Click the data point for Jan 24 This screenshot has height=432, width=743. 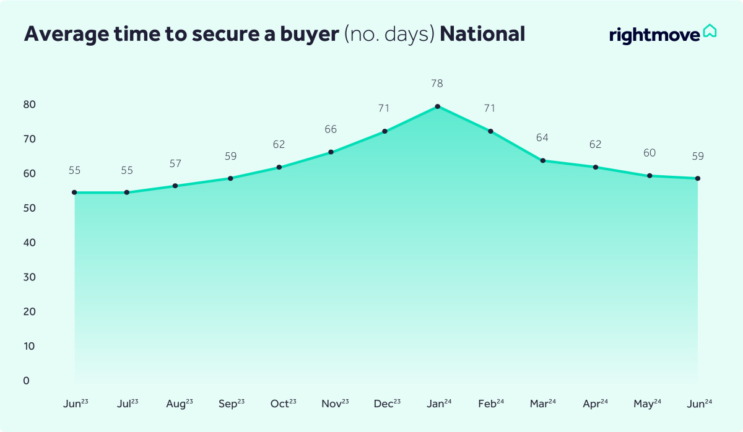click(438, 106)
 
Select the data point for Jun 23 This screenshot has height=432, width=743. click(74, 192)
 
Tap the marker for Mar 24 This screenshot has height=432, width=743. click(543, 161)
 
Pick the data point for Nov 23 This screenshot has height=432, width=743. click(331, 152)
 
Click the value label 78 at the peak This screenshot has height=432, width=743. click(438, 84)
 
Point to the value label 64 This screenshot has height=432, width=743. click(543, 137)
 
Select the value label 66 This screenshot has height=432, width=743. click(331, 129)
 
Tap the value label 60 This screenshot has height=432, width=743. click(650, 153)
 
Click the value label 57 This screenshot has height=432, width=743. click(176, 163)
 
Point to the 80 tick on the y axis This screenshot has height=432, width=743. click(30, 105)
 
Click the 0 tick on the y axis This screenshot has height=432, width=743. click(27, 381)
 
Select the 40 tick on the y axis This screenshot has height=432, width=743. click(30, 243)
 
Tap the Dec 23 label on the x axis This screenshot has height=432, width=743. click(387, 404)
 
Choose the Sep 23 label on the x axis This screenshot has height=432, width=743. click(232, 404)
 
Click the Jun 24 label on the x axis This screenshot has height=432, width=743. click(700, 404)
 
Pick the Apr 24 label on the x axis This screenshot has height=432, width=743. click(596, 404)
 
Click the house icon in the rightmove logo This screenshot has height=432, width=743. click(710, 31)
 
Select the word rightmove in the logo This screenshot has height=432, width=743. click(654, 35)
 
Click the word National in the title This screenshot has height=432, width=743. click(482, 34)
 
